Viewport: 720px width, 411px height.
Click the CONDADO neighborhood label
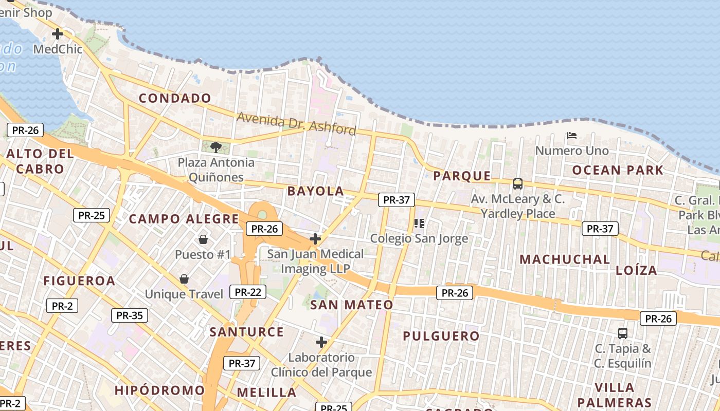click(175, 98)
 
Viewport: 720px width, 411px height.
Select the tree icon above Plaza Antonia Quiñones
click(216, 147)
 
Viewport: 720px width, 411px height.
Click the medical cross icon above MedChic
click(58, 34)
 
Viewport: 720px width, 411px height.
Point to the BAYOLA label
click(316, 191)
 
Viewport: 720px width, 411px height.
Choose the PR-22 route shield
click(248, 292)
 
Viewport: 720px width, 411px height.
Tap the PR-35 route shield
click(130, 315)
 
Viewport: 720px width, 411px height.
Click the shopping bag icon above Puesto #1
click(203, 239)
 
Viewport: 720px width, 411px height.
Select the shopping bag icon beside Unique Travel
click(184, 279)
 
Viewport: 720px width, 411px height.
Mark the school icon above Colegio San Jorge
click(419, 223)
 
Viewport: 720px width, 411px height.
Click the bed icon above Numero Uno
click(571, 136)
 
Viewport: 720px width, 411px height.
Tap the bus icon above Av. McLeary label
click(518, 183)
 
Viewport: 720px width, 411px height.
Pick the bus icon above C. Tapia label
click(623, 333)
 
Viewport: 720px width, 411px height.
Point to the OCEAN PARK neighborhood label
click(618, 170)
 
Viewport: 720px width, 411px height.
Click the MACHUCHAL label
click(564, 259)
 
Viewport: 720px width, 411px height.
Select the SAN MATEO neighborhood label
click(352, 305)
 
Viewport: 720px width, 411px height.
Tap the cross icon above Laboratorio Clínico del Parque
click(321, 342)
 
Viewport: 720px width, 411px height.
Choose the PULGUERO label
click(441, 336)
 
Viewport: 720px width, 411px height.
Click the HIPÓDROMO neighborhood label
click(160, 390)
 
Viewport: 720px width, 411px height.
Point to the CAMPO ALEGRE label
click(184, 219)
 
